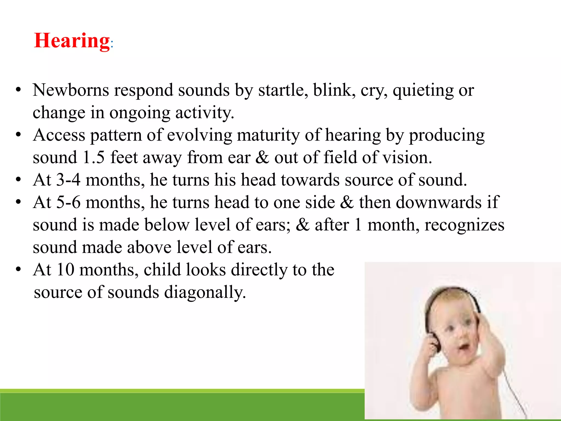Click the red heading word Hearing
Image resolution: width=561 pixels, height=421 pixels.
(72, 41)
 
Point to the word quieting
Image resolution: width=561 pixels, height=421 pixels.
(423, 90)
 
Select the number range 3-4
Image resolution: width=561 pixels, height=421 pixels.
(68, 180)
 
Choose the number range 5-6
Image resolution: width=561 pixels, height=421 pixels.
(68, 202)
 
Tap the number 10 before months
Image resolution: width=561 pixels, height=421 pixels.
(65, 270)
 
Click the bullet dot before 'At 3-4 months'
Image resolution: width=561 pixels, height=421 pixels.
(18, 180)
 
